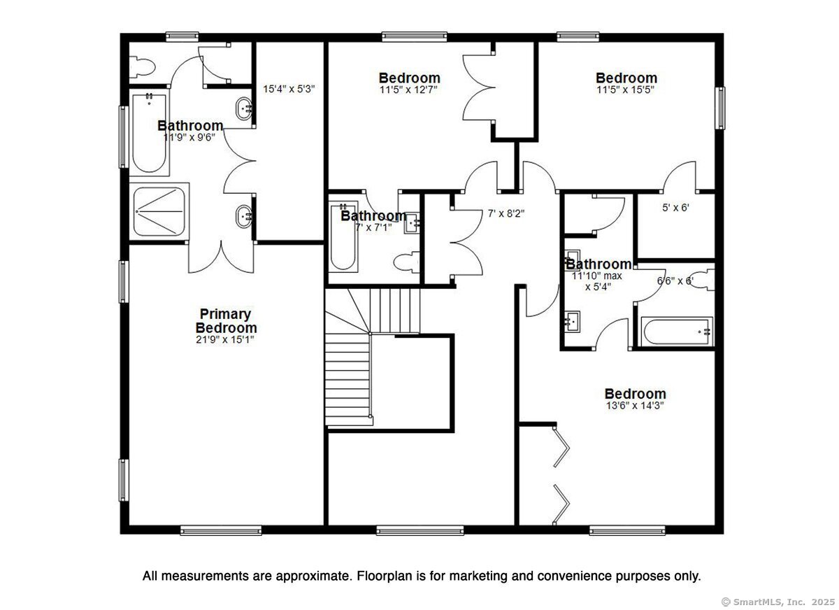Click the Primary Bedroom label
pyautogui.click(x=225, y=321)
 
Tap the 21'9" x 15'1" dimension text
pyautogui.click(x=225, y=340)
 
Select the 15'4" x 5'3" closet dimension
pyautogui.click(x=289, y=90)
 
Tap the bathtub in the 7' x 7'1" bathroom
pyautogui.click(x=343, y=238)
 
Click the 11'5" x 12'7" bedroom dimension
pyautogui.click(x=409, y=90)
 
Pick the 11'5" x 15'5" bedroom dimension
pyautogui.click(x=626, y=90)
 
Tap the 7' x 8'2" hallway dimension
pyautogui.click(x=506, y=214)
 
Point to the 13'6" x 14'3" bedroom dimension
pyautogui.click(x=635, y=406)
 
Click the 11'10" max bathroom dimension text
pyautogui.click(x=597, y=276)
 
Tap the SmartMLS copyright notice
pyautogui.click(x=777, y=602)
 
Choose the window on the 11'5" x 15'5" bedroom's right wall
pyautogui.click(x=719, y=108)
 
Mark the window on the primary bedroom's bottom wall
pyautogui.click(x=221, y=530)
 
